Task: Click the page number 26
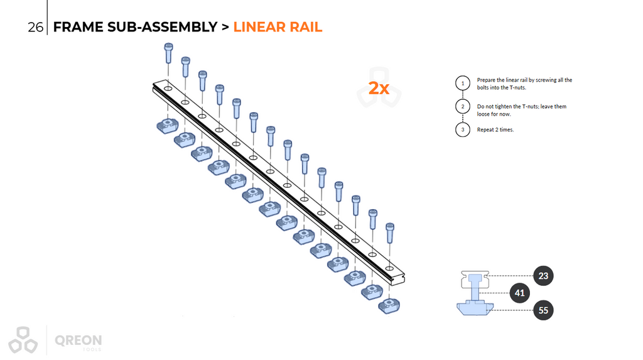35,27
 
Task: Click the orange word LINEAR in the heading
259,27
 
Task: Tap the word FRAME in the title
78,27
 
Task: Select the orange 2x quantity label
379,88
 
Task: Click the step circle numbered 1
463,84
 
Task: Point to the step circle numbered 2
463,107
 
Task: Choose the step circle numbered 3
463,129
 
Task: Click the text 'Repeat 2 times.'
495,129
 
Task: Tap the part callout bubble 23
543,276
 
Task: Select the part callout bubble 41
519,293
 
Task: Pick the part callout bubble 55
543,310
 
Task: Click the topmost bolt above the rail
168,53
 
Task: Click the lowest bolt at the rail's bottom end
390,232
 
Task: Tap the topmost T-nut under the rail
167,126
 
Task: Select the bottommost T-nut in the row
389,306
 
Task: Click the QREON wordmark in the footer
78,341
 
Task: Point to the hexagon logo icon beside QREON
23,340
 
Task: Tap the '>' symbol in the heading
225,28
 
